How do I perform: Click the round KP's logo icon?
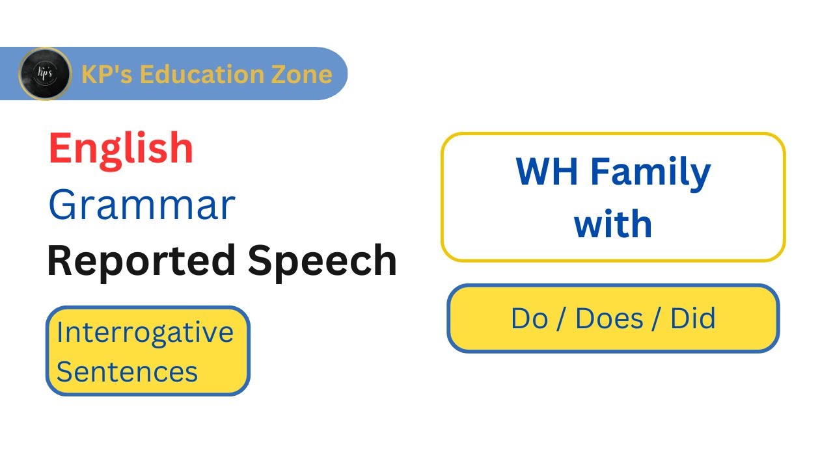pyautogui.click(x=44, y=73)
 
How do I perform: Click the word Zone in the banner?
pyautogui.click(x=303, y=74)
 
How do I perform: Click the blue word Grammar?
pyautogui.click(x=141, y=205)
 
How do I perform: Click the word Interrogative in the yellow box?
pyautogui.click(x=144, y=332)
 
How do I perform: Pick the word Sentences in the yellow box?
pyautogui.click(x=127, y=372)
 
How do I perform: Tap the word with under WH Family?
pyautogui.click(x=612, y=224)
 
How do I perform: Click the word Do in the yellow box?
pyautogui.click(x=528, y=318)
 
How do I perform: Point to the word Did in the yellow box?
pyautogui.click(x=693, y=318)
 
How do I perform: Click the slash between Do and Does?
pyautogui.click(x=561, y=318)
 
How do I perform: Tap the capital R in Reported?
pyautogui.click(x=60, y=261)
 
